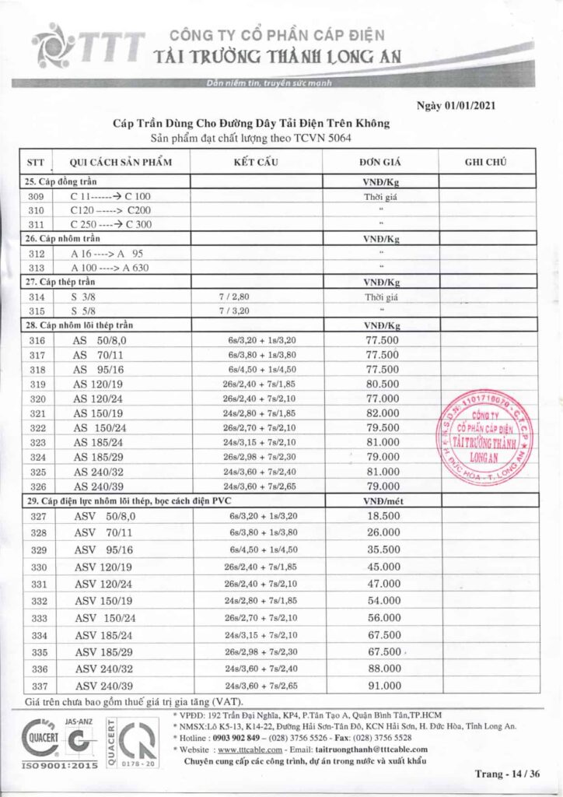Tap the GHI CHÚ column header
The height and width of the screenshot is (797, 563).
485,162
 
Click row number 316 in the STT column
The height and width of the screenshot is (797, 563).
36,341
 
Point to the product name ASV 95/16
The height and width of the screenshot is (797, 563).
104,550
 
